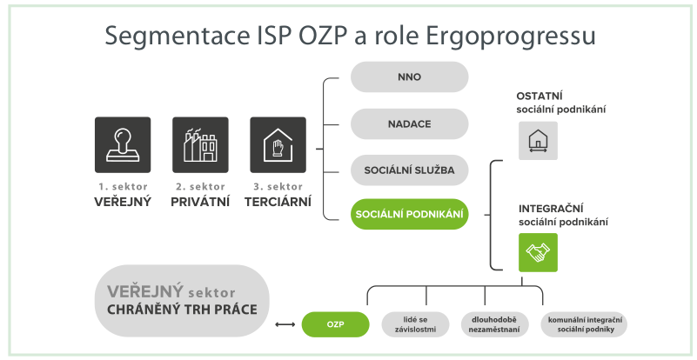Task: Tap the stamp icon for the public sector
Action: tap(123, 145)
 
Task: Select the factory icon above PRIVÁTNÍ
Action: tap(200, 145)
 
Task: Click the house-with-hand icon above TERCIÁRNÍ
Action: tap(278, 145)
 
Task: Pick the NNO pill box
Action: tap(409, 77)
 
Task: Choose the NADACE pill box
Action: tap(409, 123)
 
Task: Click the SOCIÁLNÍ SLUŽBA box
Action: tap(409, 170)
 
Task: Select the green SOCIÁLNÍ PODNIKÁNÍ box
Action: tap(409, 214)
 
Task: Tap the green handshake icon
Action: tap(538, 252)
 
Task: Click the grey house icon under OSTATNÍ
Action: tap(538, 141)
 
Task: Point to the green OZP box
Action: tap(336, 324)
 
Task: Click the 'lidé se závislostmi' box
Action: tap(416, 324)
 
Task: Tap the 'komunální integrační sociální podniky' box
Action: tap(584, 324)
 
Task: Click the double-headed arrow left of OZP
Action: tap(285, 324)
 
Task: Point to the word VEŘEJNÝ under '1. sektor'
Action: tap(123, 202)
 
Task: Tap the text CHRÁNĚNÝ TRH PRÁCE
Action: tap(182, 310)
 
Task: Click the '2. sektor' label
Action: tap(200, 187)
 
